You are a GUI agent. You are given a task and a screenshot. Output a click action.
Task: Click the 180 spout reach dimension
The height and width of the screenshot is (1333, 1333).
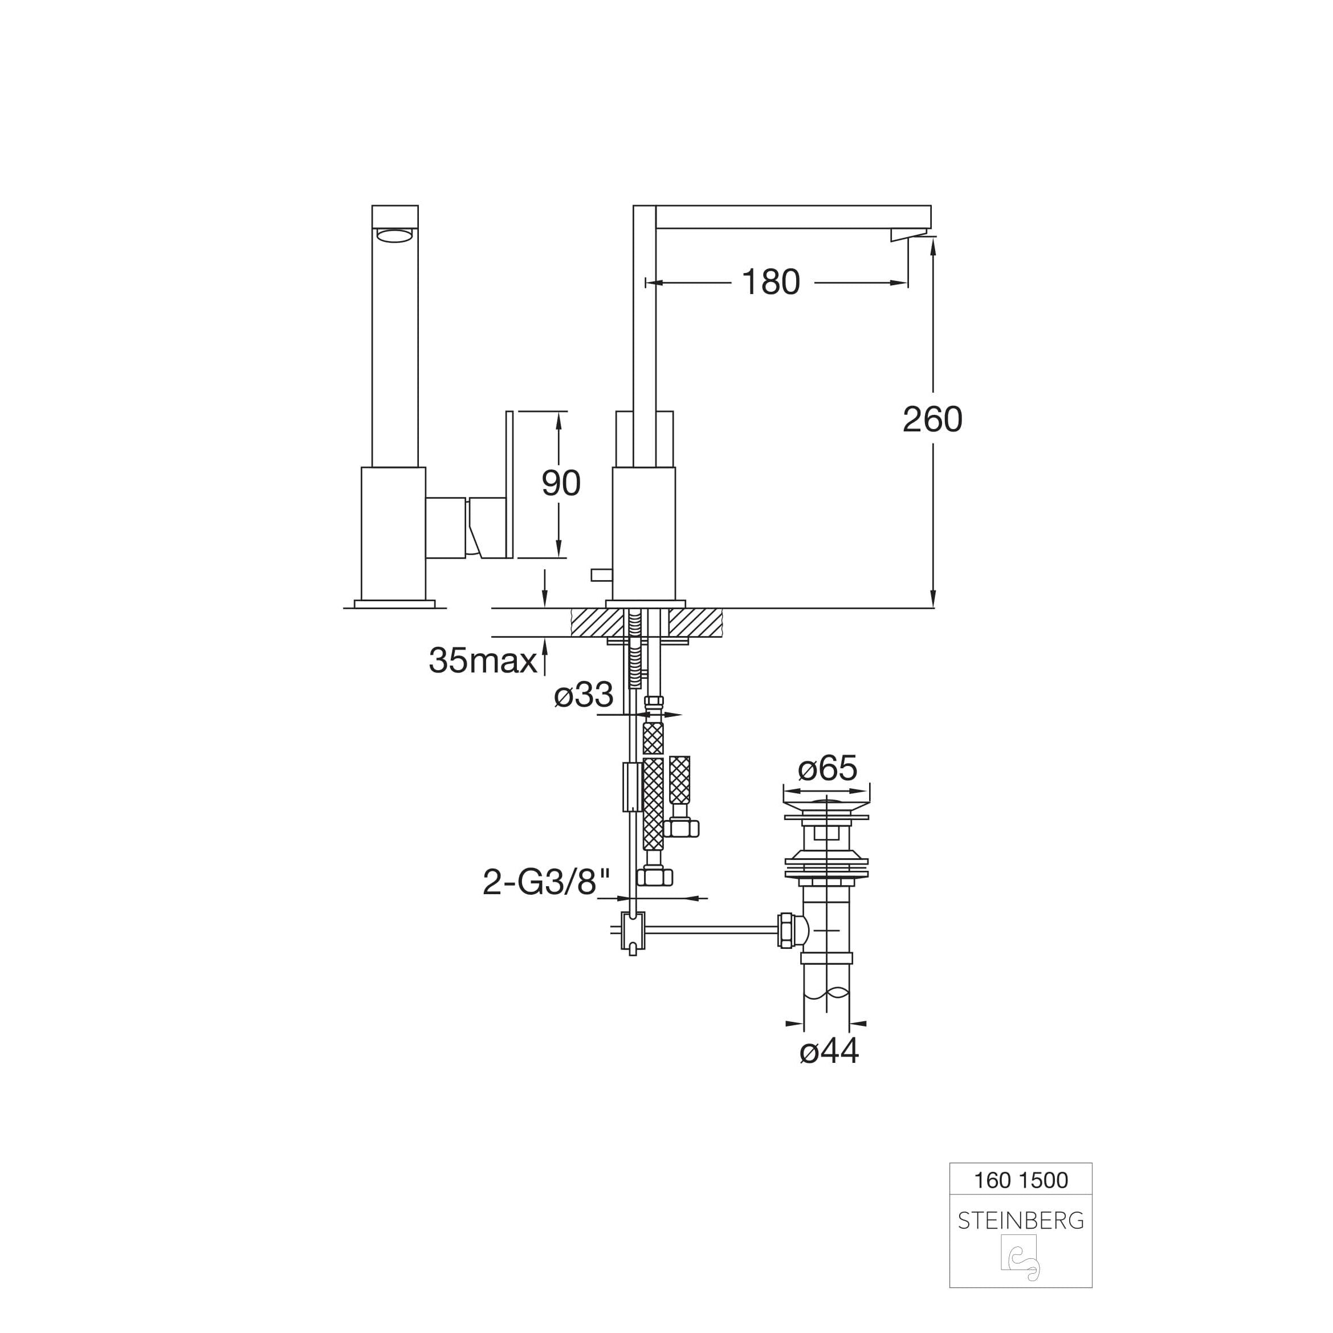771,282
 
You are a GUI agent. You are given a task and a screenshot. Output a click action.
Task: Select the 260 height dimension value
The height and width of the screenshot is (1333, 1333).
933,419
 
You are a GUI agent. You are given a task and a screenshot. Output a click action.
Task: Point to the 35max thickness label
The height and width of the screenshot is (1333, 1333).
483,661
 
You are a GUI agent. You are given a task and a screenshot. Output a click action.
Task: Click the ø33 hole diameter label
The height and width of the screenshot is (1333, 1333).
584,694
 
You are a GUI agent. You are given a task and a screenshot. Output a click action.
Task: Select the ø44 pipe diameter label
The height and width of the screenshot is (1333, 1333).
829,1051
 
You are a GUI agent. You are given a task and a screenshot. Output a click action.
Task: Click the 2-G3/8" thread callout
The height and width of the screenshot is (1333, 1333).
547,882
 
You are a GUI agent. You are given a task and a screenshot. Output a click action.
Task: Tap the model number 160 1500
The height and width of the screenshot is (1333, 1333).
1021,1180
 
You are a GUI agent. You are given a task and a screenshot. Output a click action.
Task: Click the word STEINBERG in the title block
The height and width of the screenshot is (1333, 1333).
1021,1221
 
